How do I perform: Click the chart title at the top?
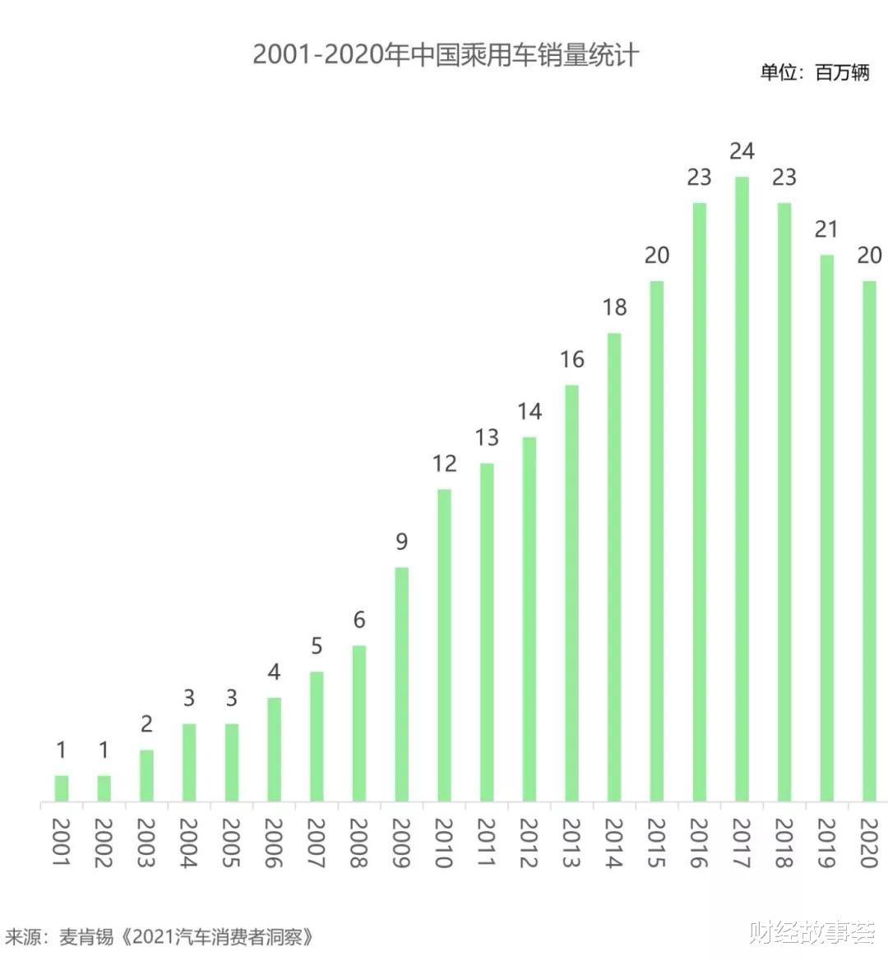445,55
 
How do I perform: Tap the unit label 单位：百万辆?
814,72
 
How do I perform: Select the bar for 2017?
742,488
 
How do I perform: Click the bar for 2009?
401,684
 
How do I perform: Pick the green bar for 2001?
62,788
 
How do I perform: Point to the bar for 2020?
869,540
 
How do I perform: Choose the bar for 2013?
571,593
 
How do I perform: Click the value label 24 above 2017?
742,151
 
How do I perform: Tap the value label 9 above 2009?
401,542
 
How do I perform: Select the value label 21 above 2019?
826,229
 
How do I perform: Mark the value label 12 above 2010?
444,464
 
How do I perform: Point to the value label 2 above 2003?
146,724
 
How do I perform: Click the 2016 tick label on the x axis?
698,843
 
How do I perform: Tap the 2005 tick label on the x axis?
231,843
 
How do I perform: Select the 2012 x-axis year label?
529,843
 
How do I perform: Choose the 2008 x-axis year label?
358,843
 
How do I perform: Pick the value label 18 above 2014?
614,307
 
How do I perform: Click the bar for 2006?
274,749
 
